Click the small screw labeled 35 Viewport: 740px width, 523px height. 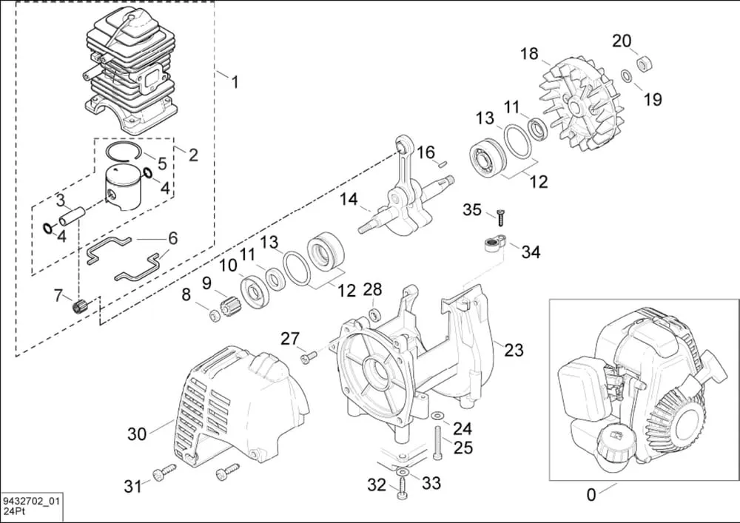500,216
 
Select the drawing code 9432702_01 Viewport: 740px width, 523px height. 31,501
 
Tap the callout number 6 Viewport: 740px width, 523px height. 172,238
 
